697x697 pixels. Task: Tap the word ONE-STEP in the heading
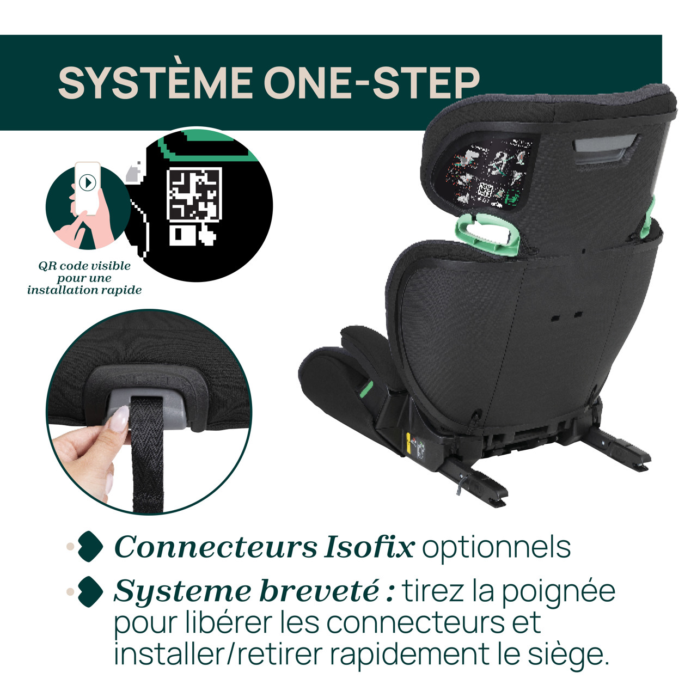click(371, 83)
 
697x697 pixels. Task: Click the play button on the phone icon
click(87, 182)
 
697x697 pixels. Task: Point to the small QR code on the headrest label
click(485, 191)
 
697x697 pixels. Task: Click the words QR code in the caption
click(59, 266)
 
